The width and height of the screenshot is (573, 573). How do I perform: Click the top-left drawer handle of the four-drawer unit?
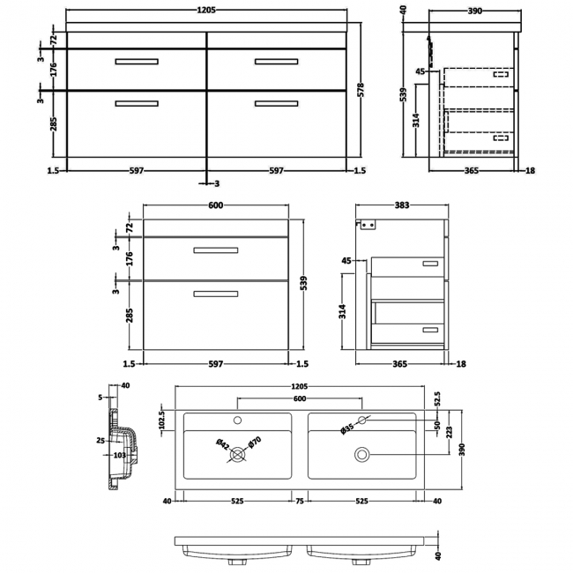pyautogui.click(x=136, y=61)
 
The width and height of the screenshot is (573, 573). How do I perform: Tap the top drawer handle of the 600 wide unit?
pyautogui.click(x=216, y=251)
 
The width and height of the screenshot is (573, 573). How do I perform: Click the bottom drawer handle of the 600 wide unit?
pyautogui.click(x=216, y=294)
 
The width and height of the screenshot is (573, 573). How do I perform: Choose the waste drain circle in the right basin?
pyautogui.click(x=361, y=454)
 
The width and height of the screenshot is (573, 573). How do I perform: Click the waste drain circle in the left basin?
pyautogui.click(x=236, y=454)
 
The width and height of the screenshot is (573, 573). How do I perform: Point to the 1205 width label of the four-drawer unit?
pyautogui.click(x=205, y=11)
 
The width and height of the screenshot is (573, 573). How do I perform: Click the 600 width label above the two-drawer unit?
pyautogui.click(x=216, y=205)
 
